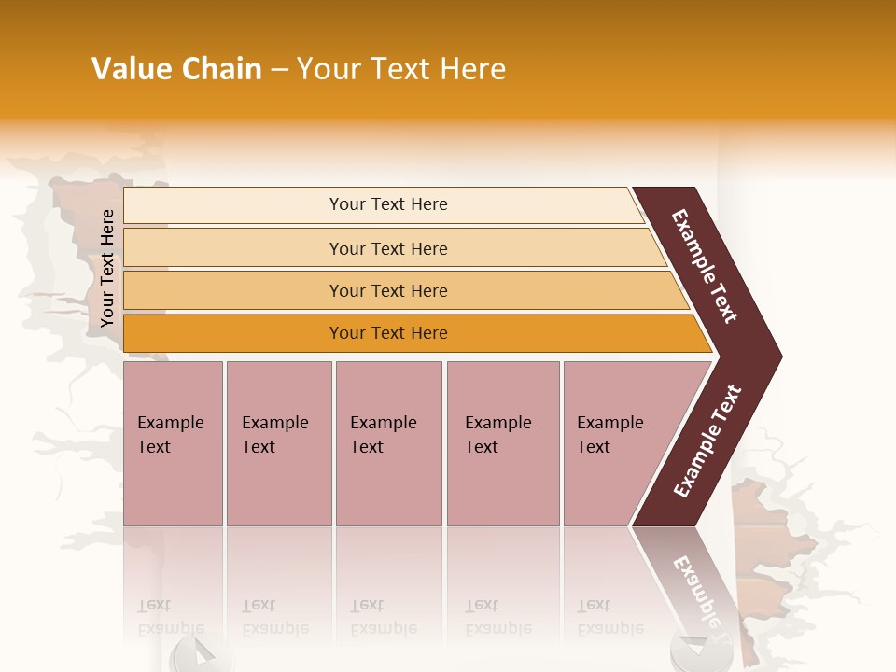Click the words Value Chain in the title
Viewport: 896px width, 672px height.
[176, 69]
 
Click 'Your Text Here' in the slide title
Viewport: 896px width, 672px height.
[401, 69]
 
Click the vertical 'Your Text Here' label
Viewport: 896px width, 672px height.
[107, 268]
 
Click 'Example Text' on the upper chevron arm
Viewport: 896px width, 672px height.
[705, 266]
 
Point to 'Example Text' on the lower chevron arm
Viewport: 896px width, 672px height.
[707, 441]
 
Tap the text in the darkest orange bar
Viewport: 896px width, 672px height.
[388, 333]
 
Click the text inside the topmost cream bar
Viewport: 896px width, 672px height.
[388, 204]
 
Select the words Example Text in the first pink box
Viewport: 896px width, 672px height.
[170, 434]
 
